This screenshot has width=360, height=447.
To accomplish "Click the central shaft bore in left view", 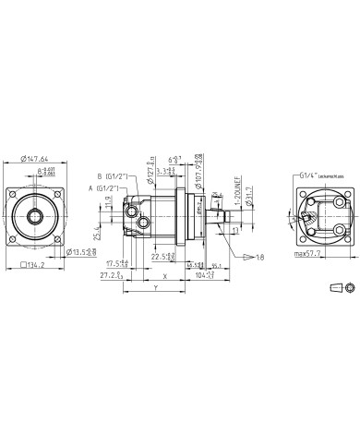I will point(37,218).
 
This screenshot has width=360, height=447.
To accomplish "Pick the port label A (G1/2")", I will point(103,188).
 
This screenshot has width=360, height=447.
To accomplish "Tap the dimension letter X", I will point(164,275).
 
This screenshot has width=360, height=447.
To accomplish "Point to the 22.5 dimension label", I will point(163,256).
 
